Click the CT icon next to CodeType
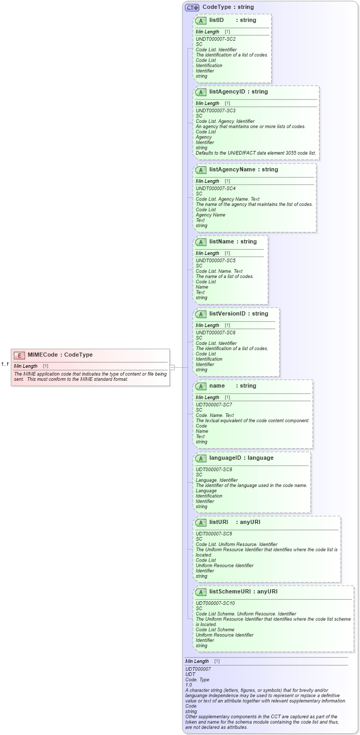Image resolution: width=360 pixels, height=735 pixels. (192, 7)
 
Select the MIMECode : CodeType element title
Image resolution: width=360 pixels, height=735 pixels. (60, 355)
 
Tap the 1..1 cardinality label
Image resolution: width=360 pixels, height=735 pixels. (5, 364)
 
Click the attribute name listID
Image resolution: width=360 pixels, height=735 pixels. (216, 20)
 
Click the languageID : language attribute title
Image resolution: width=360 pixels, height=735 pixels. (241, 458)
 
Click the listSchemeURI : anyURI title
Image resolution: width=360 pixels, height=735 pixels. (243, 592)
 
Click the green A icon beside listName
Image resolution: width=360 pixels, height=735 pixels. (201, 242)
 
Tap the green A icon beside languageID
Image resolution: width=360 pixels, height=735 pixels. (201, 459)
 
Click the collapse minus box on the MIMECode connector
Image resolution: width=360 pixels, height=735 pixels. (172, 367)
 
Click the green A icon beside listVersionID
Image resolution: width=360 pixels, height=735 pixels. (201, 314)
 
